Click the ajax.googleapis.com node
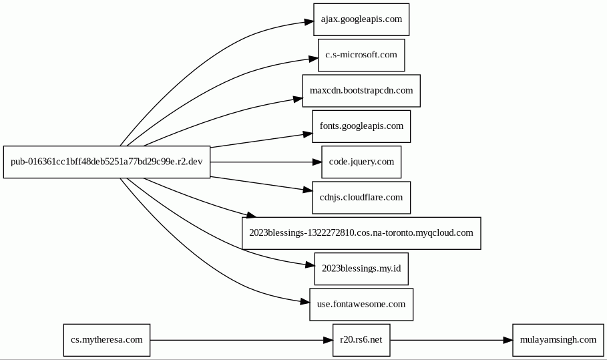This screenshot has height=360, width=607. (361, 19)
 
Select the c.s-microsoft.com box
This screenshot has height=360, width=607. (361, 55)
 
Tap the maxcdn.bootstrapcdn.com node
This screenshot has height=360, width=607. (361, 91)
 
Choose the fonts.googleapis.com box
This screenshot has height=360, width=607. (361, 126)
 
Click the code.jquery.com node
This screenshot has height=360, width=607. (361, 162)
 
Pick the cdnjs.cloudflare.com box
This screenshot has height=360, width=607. (361, 198)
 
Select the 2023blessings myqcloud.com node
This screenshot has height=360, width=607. (361, 233)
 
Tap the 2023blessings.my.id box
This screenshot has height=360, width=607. (361, 268)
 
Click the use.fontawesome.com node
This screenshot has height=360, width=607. (361, 305)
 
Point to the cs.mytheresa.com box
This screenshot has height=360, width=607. (107, 340)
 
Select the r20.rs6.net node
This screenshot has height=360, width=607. (361, 340)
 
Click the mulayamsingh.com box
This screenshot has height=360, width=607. (558, 340)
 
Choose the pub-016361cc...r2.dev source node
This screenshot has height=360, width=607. (107, 162)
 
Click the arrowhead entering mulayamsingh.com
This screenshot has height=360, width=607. (508, 340)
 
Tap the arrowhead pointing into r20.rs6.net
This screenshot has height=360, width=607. (329, 340)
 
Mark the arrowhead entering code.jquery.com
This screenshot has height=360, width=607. (317, 162)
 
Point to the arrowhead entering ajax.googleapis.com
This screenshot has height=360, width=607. (309, 21)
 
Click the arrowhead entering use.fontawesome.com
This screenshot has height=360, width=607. (305, 301)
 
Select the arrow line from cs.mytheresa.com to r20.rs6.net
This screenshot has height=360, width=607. (236, 340)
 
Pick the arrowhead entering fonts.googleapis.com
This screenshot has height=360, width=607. (308, 134)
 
